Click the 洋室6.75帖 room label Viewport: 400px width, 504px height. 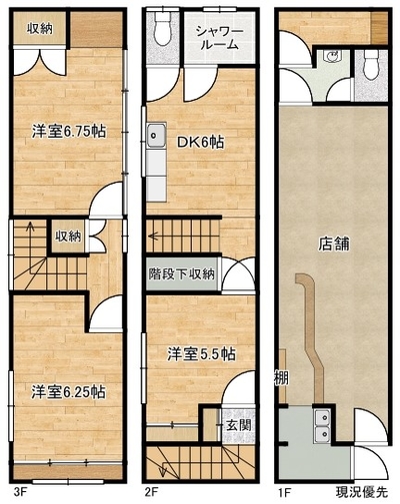coord(69,132)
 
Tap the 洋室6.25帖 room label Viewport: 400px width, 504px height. coord(69,392)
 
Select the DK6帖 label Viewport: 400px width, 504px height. coord(200,143)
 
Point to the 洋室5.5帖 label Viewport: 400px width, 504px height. coord(201,354)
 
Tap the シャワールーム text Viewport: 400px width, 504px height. coord(220,38)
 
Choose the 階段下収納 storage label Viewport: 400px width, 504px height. coord(182,274)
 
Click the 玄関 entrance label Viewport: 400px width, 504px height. coord(239,425)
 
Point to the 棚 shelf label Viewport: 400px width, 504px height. coord(281,378)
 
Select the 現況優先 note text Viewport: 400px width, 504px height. coord(362,491)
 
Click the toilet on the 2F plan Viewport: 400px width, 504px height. coord(163,29)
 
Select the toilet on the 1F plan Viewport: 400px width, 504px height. coord(371,65)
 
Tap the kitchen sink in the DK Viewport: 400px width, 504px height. coord(156,135)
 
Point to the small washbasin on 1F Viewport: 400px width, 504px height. coord(332,56)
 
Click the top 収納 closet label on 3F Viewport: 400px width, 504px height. coord(40,29)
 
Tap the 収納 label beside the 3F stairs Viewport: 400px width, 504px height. coord(68,237)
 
